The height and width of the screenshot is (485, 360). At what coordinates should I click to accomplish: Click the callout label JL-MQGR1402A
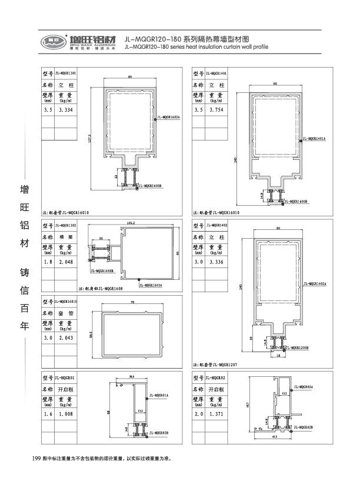315,284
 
